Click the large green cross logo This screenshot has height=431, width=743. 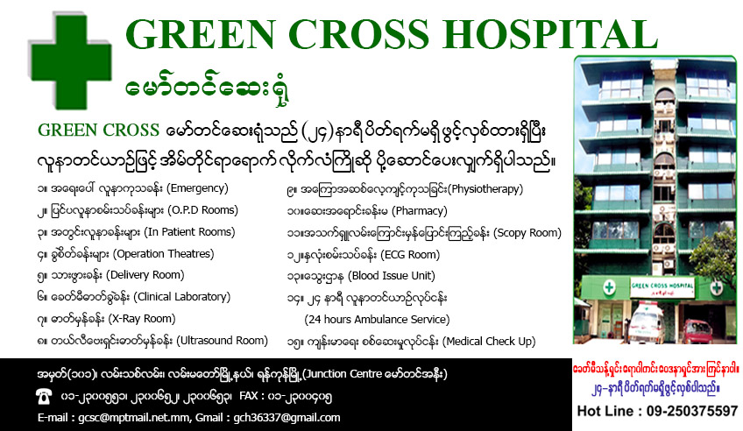click(x=71, y=60)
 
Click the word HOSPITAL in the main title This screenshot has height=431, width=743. click(x=550, y=34)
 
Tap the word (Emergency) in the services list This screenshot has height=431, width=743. click(x=197, y=188)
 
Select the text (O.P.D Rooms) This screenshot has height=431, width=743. click(x=202, y=210)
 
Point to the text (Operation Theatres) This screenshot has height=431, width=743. click(x=164, y=254)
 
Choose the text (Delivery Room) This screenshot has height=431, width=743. click(x=145, y=275)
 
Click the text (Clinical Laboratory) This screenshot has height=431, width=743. click(x=181, y=297)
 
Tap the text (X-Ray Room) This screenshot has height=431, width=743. click(x=142, y=319)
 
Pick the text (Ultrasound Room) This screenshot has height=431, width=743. click(x=223, y=341)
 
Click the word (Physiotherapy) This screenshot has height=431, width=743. click(x=485, y=189)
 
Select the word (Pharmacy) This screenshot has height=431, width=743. click(x=420, y=211)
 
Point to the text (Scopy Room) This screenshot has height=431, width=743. click(x=527, y=233)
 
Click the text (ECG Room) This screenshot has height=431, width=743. click(x=410, y=255)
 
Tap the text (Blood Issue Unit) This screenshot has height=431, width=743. click(x=392, y=276)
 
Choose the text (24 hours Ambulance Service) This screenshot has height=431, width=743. click(x=377, y=320)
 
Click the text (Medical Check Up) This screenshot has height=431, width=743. click(x=489, y=342)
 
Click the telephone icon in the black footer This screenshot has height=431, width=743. click(x=44, y=396)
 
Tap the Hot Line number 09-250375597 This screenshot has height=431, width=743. click(x=692, y=411)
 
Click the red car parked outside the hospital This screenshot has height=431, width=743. click(x=697, y=330)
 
